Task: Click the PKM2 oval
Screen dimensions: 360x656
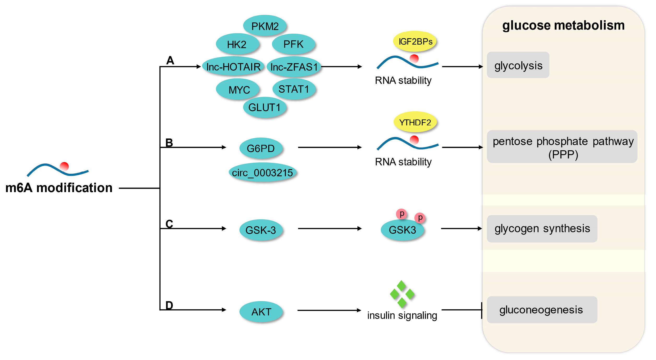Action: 265,26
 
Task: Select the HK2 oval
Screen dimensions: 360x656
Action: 237,44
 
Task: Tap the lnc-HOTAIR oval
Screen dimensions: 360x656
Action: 233,67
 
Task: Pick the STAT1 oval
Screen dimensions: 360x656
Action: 294,89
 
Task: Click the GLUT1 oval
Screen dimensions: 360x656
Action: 264,107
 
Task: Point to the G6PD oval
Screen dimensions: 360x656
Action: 261,148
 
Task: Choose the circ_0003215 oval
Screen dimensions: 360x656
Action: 262,172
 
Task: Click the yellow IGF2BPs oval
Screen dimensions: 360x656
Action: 415,41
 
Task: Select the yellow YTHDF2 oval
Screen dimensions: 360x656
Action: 415,122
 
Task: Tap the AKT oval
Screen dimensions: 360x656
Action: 261,312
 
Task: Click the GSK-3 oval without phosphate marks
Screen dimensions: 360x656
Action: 261,230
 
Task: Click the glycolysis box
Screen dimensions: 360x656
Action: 518,65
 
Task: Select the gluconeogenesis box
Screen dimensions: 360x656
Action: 542,310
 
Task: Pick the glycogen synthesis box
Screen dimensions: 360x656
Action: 542,229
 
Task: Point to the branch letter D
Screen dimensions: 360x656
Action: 169,305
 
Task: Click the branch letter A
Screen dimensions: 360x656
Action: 170,60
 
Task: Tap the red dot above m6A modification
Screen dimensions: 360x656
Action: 64,166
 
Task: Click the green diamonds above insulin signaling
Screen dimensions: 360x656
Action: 402,294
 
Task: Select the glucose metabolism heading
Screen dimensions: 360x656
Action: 563,25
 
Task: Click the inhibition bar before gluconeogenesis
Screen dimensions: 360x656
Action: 481,310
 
